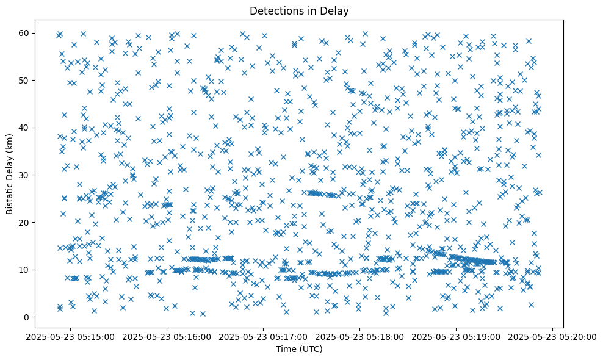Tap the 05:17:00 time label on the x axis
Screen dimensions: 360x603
[264, 336]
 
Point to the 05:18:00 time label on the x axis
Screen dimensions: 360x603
[361, 336]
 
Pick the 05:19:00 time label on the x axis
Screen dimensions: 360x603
[457, 336]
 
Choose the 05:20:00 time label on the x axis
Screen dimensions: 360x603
[554, 336]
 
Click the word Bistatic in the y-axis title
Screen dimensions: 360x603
[10, 194]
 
